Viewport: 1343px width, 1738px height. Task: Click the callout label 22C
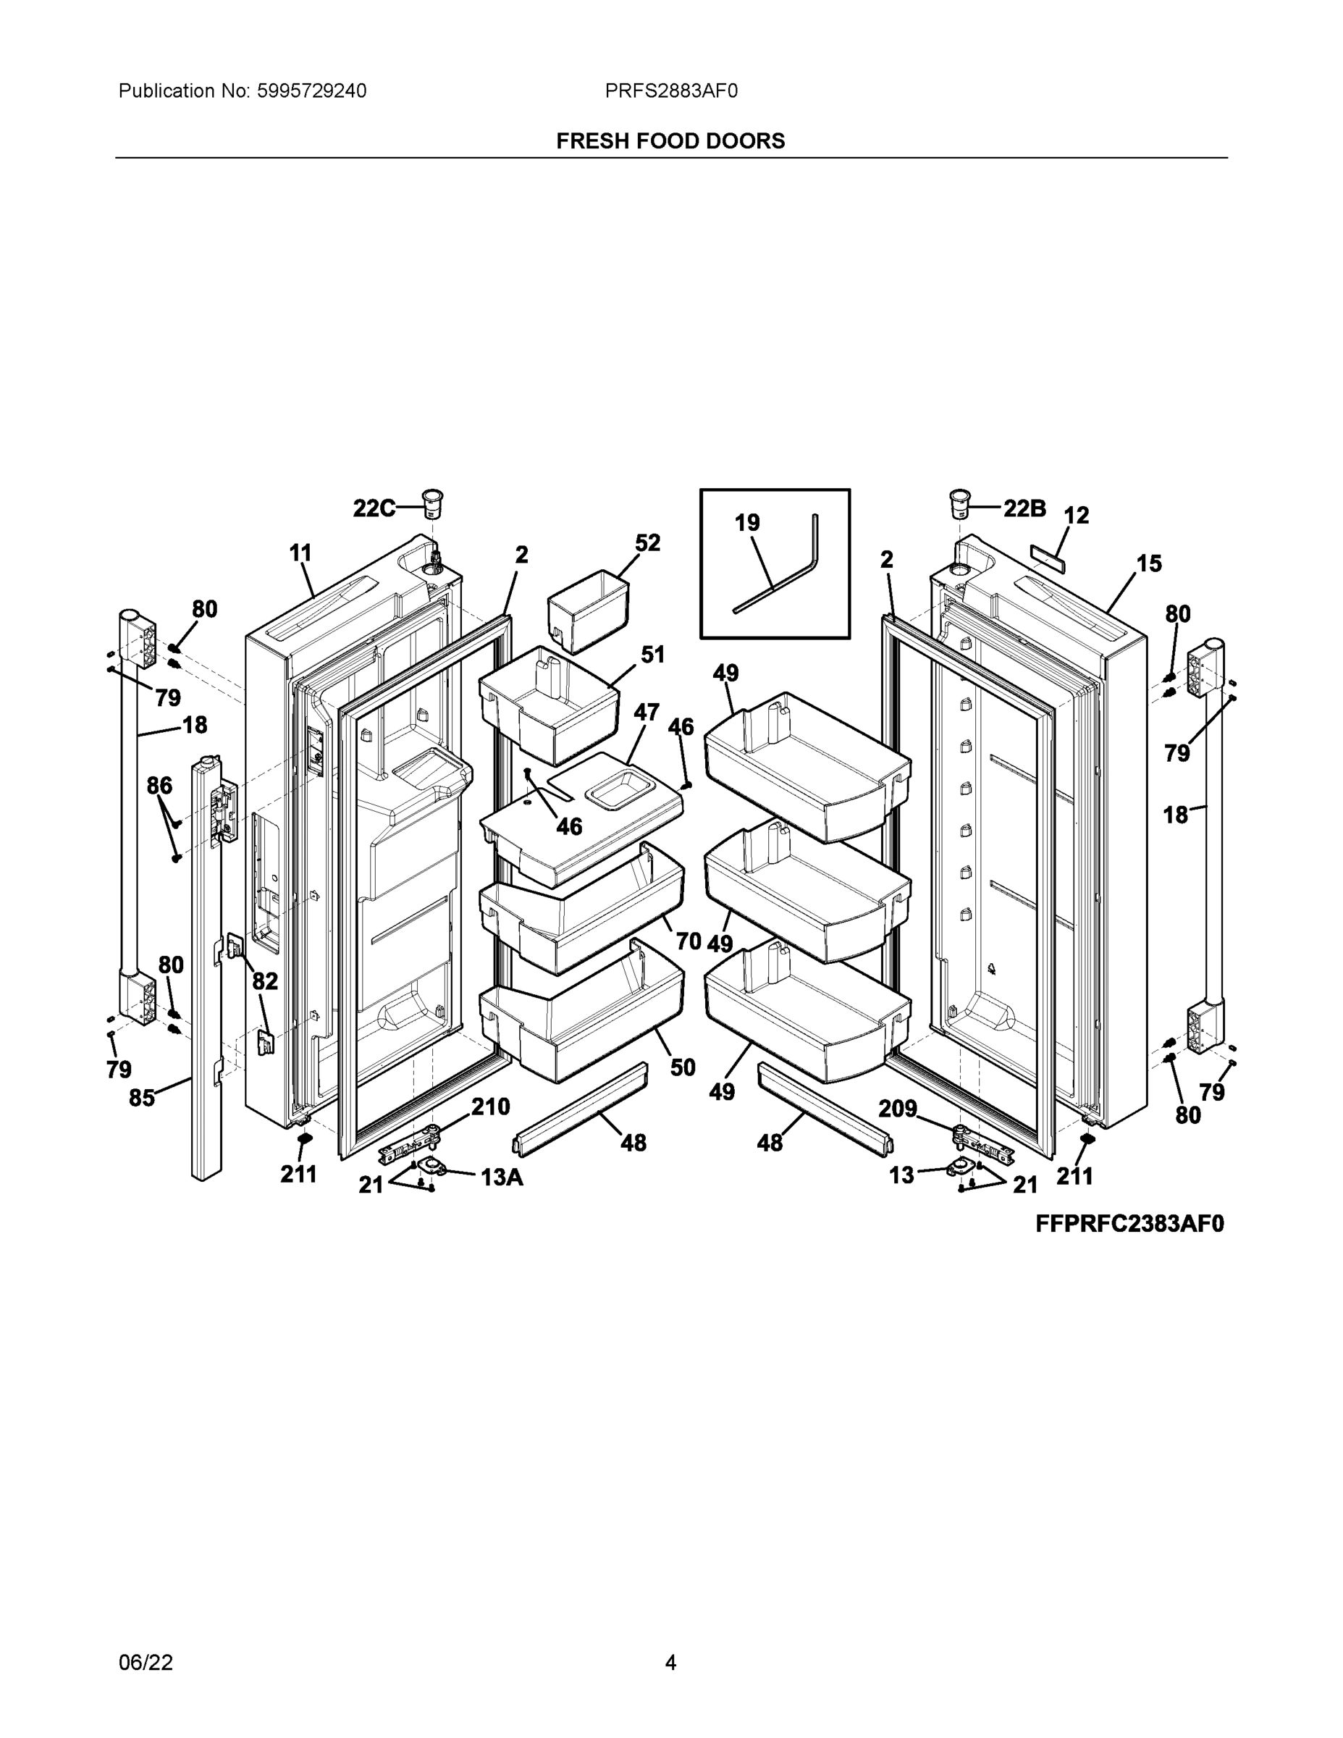pyautogui.click(x=374, y=508)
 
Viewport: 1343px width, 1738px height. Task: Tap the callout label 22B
pyautogui.click(x=1024, y=508)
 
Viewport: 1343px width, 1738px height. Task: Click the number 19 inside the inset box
pyautogui.click(x=746, y=523)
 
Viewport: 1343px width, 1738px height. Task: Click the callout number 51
pyautogui.click(x=652, y=655)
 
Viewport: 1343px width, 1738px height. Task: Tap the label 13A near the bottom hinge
pyautogui.click(x=501, y=1177)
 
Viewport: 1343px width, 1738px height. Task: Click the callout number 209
pyautogui.click(x=898, y=1109)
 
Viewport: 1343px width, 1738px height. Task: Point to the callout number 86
pyautogui.click(x=159, y=786)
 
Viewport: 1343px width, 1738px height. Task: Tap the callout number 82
pyautogui.click(x=265, y=981)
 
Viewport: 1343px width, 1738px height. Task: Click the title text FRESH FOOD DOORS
pyautogui.click(x=670, y=141)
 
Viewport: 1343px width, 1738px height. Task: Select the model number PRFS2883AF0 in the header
pyautogui.click(x=670, y=91)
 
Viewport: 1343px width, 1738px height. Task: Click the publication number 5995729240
pyautogui.click(x=311, y=91)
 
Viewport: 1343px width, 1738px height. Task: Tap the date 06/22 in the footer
pyautogui.click(x=146, y=1663)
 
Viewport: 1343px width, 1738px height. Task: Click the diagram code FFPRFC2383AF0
pyautogui.click(x=1129, y=1224)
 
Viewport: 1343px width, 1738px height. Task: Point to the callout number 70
pyautogui.click(x=689, y=941)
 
